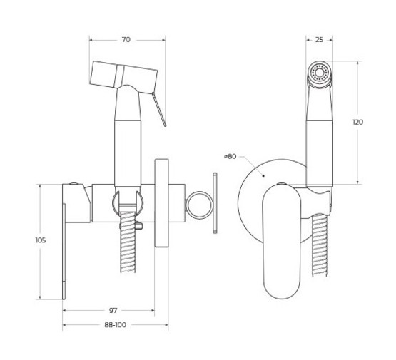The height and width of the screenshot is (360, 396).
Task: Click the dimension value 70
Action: [126, 40]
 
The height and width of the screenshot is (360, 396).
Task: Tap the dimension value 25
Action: [319, 40]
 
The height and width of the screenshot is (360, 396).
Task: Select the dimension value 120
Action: [358, 122]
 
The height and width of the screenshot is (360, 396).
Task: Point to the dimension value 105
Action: [41, 240]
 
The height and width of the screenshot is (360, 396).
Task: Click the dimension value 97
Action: [113, 310]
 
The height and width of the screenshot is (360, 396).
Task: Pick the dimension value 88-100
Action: [115, 325]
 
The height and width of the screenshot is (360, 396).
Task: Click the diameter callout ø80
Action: [230, 156]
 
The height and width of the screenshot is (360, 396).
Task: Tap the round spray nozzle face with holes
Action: [319, 72]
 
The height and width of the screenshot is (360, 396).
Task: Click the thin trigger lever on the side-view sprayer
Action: [159, 109]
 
